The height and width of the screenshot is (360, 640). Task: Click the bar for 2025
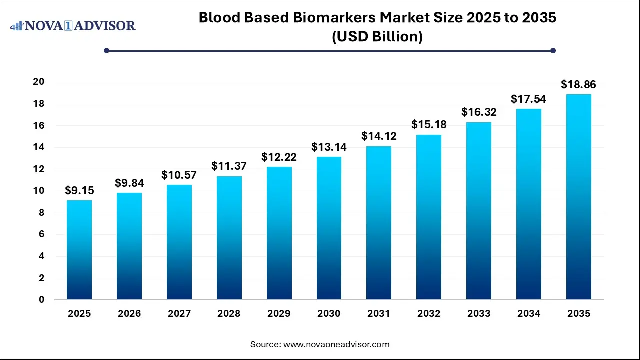tap(79, 250)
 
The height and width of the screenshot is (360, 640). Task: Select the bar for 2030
tap(329, 228)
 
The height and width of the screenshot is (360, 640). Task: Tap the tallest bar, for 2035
tap(578, 197)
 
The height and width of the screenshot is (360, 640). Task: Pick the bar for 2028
tap(229, 238)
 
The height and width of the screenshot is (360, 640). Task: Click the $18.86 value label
tap(578, 84)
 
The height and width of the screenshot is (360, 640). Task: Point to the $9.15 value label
tap(79, 190)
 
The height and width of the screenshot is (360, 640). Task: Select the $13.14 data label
tap(329, 147)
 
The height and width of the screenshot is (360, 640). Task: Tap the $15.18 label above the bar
tap(429, 124)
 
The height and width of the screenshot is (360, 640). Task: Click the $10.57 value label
tap(179, 175)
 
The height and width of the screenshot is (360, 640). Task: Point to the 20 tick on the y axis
tap(39, 82)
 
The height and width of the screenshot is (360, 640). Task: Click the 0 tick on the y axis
tap(42, 300)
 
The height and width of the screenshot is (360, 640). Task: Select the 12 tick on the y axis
tap(39, 169)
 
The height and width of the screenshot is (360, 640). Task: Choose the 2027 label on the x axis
tap(179, 314)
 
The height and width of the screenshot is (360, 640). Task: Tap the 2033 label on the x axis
tap(478, 314)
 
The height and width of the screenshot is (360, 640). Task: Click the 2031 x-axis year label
tap(379, 314)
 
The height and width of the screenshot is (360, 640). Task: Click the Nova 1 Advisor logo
tap(73, 25)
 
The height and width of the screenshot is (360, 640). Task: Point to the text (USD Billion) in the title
tap(377, 36)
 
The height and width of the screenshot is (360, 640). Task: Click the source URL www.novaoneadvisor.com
tap(336, 344)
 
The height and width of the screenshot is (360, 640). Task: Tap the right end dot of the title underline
tap(553, 50)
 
